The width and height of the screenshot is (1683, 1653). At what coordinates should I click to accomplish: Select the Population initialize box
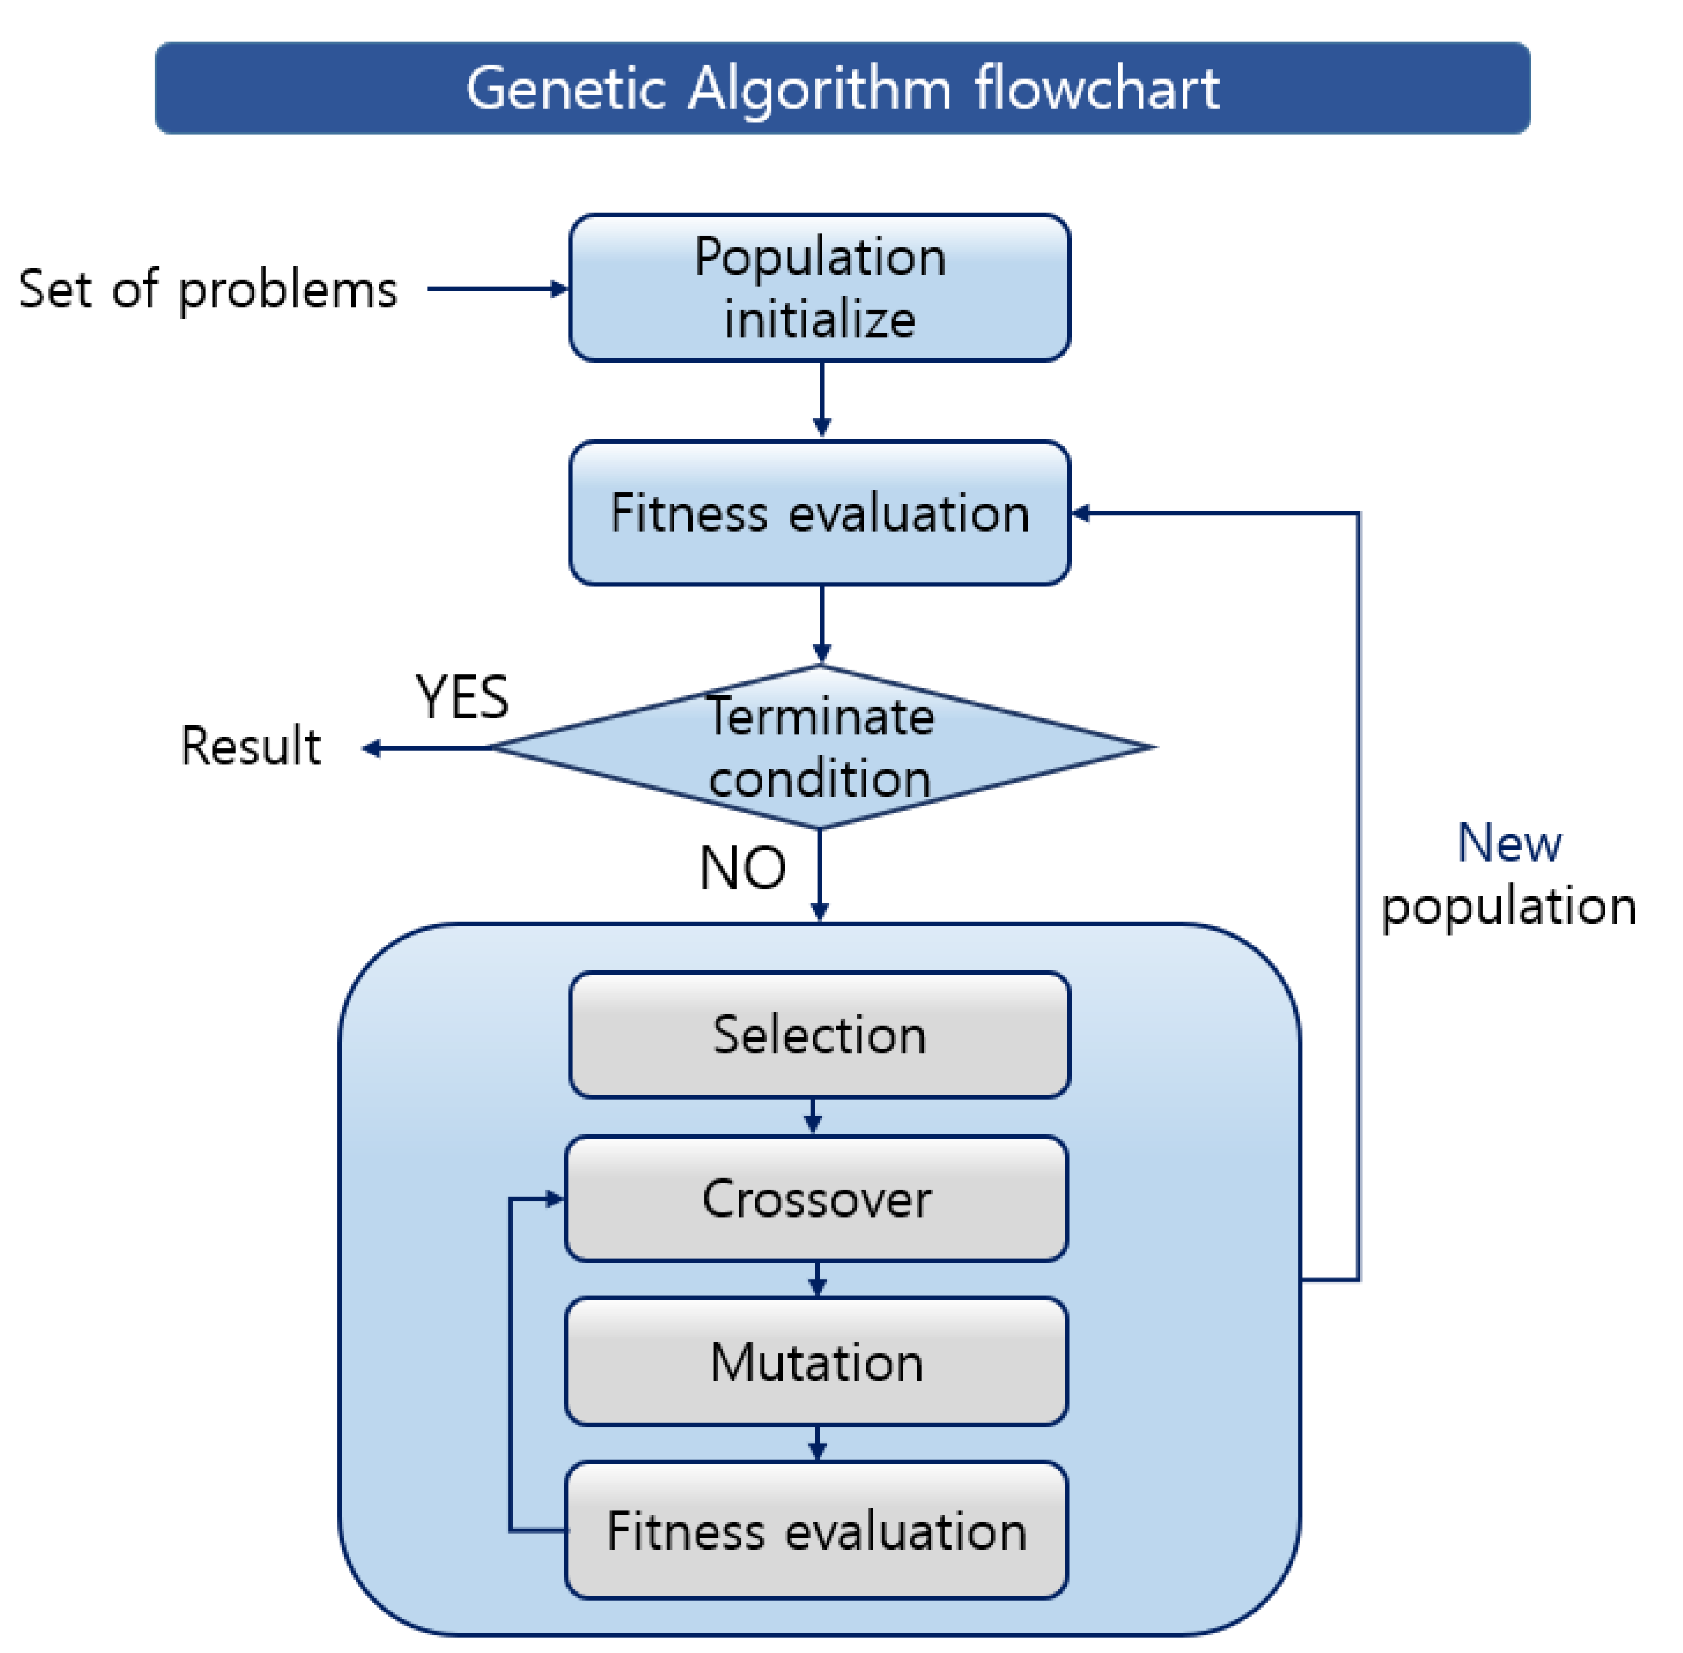[819, 288]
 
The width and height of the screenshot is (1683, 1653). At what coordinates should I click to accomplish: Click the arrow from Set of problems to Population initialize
[497, 289]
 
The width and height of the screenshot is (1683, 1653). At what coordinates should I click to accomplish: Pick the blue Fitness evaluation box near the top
[819, 513]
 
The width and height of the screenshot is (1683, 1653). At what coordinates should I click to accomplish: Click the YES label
[461, 697]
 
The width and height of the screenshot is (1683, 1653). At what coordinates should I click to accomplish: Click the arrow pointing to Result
[425, 748]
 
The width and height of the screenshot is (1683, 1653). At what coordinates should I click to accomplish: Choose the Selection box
[819, 1034]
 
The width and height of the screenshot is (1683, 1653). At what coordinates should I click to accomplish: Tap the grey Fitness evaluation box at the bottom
[816, 1530]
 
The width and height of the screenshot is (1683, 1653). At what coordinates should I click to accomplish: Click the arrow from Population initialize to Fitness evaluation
[821, 399]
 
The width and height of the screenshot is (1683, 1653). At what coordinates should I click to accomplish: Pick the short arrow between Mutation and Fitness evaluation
[817, 1443]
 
